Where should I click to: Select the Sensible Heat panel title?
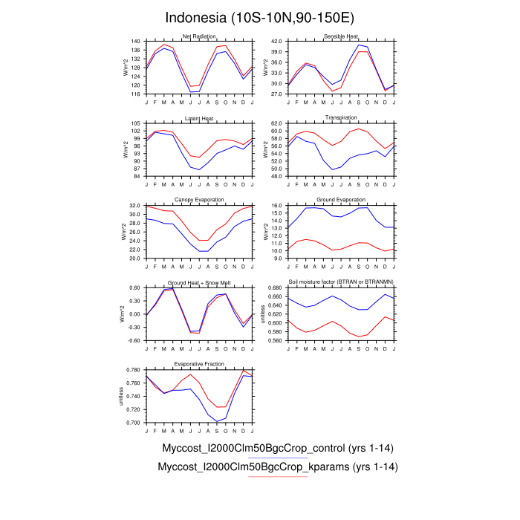(341, 36)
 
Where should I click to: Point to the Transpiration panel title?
(341, 118)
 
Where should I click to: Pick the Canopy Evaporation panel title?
(198, 200)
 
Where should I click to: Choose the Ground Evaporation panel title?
(341, 200)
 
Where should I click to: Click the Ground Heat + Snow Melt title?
(198, 282)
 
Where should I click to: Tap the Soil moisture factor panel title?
(341, 282)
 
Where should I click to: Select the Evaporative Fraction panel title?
(198, 364)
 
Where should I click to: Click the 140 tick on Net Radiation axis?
(136, 42)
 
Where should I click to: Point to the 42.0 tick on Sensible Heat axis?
(276, 42)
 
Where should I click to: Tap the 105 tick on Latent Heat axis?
(136, 123)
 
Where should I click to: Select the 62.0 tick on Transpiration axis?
(276, 123)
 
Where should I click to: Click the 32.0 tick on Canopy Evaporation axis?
(134, 205)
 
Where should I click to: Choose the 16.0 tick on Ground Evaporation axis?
(276, 205)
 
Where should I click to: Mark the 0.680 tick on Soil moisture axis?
(274, 287)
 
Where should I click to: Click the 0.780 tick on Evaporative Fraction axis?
(133, 369)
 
